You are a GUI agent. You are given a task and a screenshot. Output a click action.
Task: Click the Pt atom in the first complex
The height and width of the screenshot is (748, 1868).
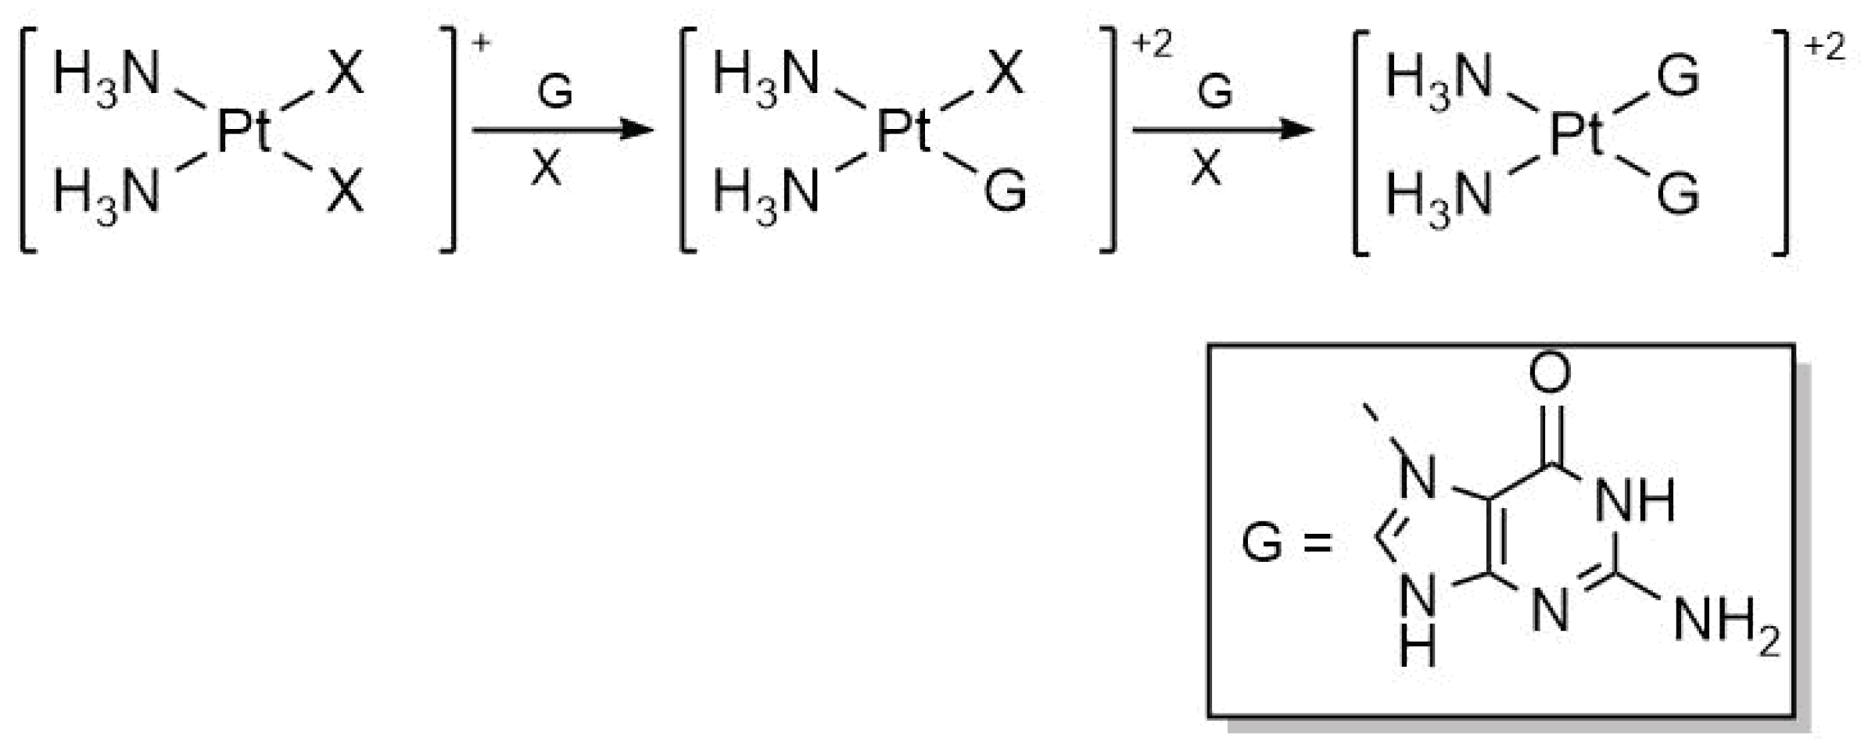243,131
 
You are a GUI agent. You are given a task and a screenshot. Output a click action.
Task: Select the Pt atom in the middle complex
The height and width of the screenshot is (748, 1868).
903,131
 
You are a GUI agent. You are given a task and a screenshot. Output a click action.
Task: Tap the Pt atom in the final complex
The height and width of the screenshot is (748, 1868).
1576,134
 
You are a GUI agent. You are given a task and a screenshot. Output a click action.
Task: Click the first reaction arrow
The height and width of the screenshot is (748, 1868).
562,129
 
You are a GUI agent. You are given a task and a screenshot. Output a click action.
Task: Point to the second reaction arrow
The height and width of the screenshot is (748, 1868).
1222,129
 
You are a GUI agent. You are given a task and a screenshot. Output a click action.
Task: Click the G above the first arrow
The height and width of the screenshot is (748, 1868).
554,93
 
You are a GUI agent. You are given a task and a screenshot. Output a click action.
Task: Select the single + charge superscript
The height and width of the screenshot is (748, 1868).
481,43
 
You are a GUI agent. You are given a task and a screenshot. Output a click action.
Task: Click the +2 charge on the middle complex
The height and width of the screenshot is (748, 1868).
1152,45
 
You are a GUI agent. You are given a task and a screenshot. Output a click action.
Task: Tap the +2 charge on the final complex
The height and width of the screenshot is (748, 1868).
1824,48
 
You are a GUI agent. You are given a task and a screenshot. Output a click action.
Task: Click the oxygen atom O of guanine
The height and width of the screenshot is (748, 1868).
1549,374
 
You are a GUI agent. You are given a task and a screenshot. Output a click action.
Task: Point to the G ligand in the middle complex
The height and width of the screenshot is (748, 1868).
1005,192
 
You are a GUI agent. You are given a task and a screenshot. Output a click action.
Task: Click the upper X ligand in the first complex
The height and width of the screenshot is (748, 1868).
345,76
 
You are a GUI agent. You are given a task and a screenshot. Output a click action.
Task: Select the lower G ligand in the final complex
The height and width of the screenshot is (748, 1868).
1677,194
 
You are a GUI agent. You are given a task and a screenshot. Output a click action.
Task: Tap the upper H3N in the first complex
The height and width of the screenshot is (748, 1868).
106,77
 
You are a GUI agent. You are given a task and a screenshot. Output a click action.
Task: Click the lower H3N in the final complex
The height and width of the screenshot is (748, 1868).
1439,195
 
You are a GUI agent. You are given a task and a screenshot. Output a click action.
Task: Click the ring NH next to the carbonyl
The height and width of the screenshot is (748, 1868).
1635,500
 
